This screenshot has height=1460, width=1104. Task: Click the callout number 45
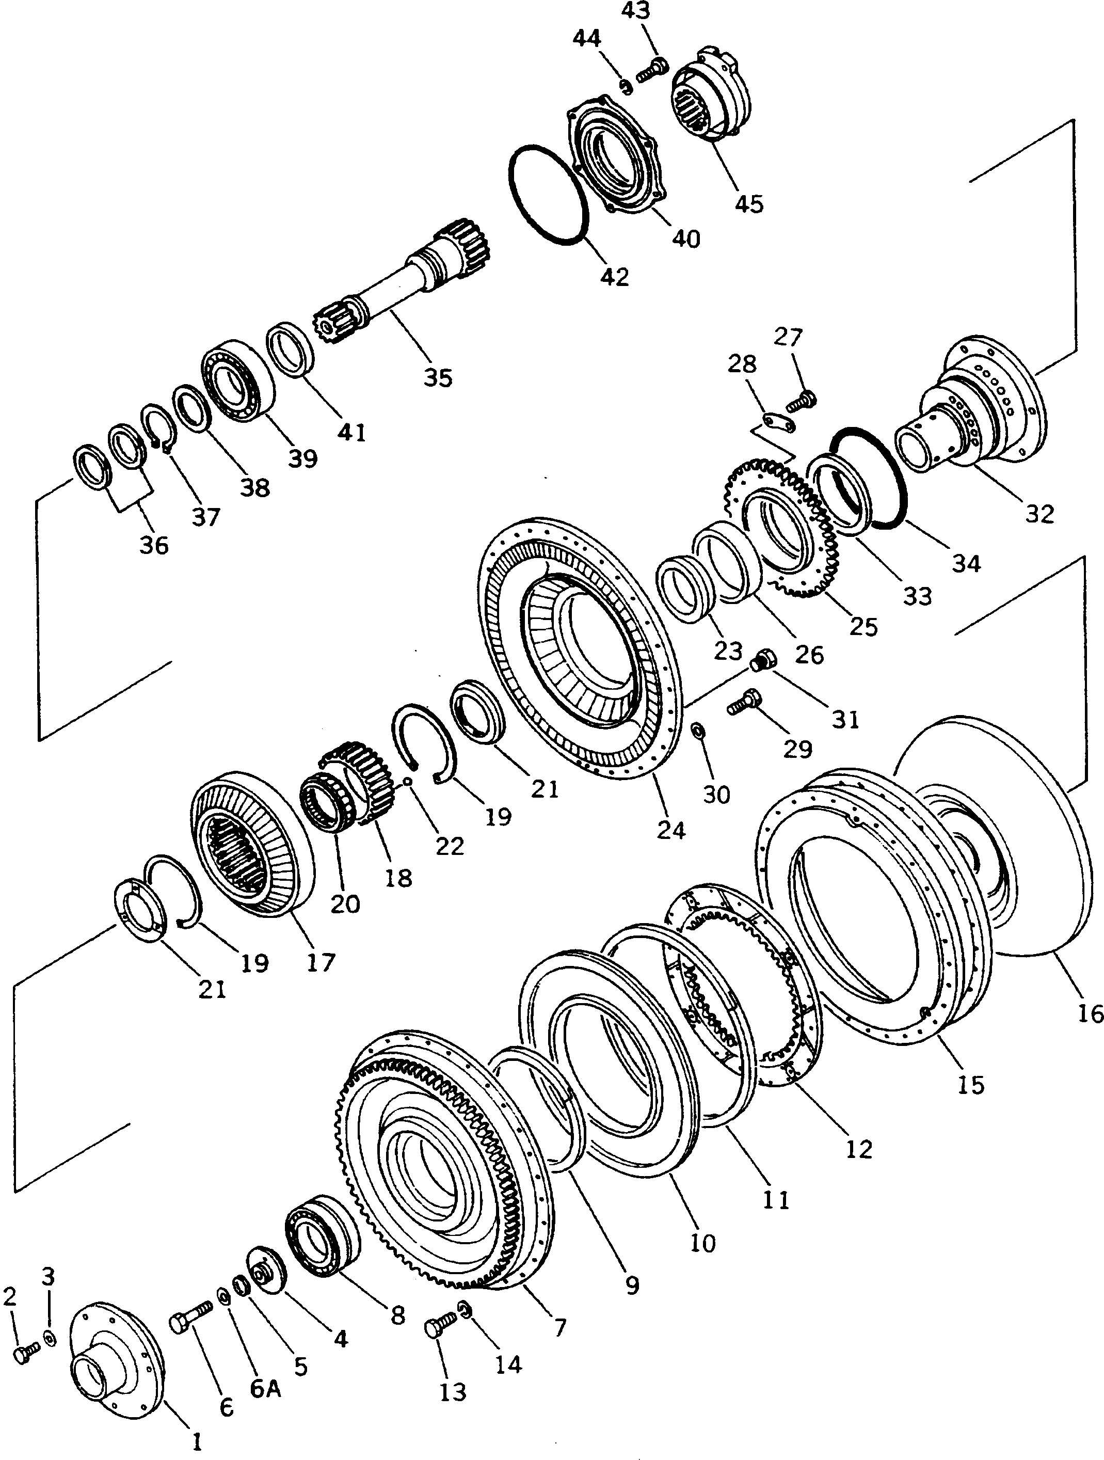pos(749,203)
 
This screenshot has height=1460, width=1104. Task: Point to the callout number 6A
pos(265,1389)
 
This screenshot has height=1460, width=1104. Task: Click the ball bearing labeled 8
pos(321,1237)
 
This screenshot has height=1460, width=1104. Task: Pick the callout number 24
pos(671,830)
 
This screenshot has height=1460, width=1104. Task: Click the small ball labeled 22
pos(408,782)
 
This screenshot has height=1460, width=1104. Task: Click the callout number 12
pos(858,1149)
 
